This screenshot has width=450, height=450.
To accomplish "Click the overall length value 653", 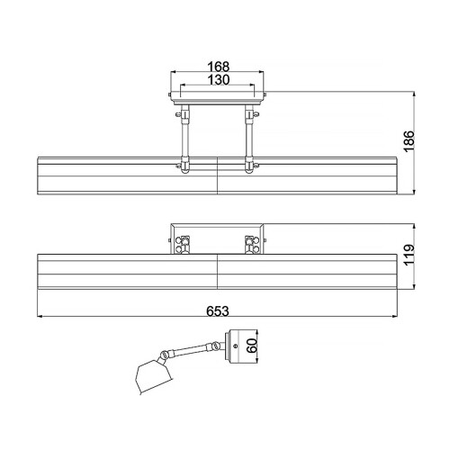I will click(219, 310).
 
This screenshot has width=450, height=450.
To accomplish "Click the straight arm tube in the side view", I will click(191, 348).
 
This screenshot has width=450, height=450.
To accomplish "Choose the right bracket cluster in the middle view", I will click(250, 243).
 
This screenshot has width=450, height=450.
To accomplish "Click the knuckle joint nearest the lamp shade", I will click(165, 354).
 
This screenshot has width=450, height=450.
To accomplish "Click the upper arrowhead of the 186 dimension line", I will click(413, 94).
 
